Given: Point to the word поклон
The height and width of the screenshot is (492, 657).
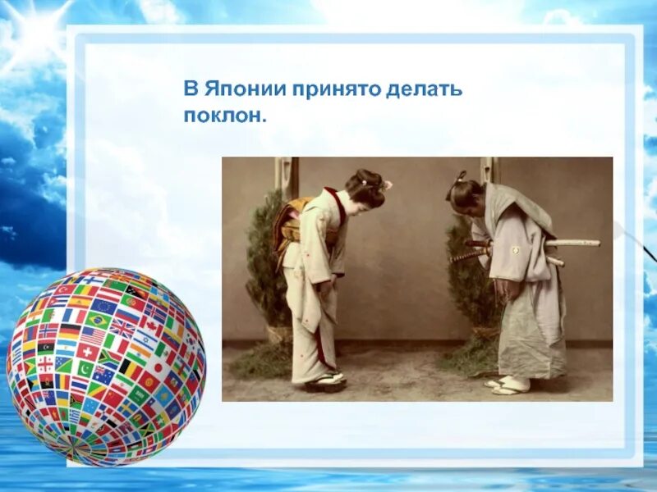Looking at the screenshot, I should (x=224, y=116).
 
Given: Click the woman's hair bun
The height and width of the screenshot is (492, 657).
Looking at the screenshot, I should (x=367, y=181).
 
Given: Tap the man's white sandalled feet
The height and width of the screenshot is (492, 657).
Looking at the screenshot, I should (x=508, y=385).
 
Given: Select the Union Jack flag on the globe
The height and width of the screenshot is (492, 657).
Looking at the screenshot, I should (x=122, y=329).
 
